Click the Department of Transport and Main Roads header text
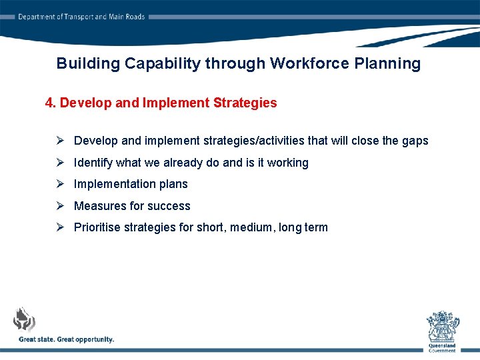pyautogui.click(x=81, y=17)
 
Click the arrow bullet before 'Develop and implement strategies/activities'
pyautogui.click(x=59, y=141)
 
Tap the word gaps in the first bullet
pyautogui.click(x=414, y=141)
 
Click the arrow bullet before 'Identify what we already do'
pyautogui.click(x=59, y=162)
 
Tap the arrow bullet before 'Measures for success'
pyautogui.click(x=59, y=205)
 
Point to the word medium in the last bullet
pyautogui.click(x=252, y=227)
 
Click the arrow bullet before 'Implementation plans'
pyautogui.click(x=59, y=184)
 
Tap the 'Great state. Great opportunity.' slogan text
pyautogui.click(x=67, y=339)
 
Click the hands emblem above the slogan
pyautogui.click(x=25, y=319)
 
